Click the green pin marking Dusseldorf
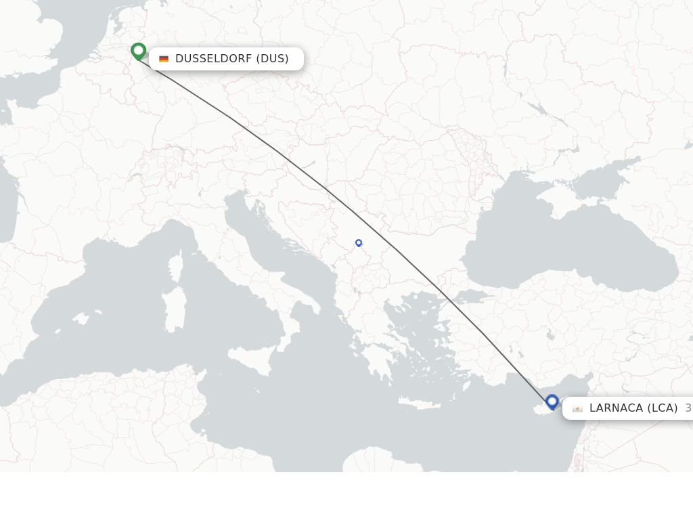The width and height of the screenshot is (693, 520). [x=138, y=51]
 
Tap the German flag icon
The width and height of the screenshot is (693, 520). [x=164, y=59]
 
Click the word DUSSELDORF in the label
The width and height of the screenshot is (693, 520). [x=213, y=59]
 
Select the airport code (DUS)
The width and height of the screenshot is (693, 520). [x=272, y=59]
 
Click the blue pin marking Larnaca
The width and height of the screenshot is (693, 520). [x=552, y=402]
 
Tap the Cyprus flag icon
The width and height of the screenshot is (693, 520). [x=577, y=408]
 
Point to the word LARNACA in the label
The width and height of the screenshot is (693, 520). [x=616, y=408]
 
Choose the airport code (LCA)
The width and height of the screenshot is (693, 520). [x=663, y=408]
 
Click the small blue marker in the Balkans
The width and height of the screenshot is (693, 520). [x=359, y=242]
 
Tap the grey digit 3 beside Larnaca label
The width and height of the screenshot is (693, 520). [x=688, y=408]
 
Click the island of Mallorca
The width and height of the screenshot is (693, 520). [x=82, y=318]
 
